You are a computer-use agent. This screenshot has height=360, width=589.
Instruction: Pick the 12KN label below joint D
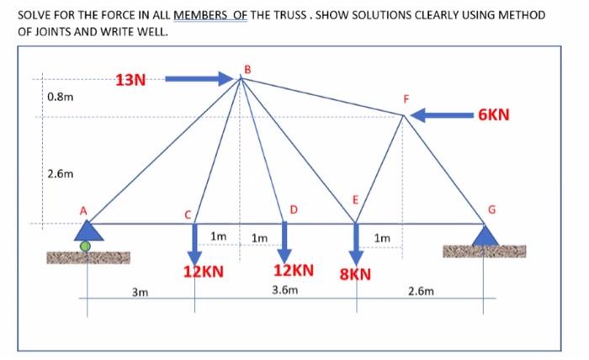294,271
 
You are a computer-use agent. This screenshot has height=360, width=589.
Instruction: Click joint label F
406,100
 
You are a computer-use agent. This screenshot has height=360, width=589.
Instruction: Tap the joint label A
82,209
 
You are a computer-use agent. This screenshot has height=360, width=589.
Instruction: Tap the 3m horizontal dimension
140,293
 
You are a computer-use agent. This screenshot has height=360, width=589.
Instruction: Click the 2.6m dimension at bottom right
421,292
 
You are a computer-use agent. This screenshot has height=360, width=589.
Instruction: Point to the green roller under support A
86,246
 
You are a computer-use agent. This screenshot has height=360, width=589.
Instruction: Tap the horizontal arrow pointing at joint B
199,79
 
